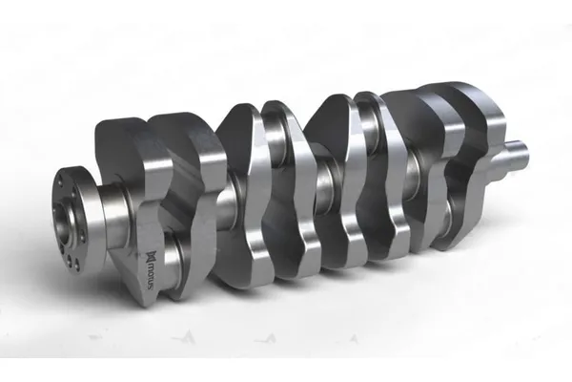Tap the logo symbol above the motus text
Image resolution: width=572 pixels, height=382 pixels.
pos(151,255)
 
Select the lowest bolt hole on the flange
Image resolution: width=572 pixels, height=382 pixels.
pos(76,263)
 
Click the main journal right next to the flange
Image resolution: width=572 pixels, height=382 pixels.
pos(115,216)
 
